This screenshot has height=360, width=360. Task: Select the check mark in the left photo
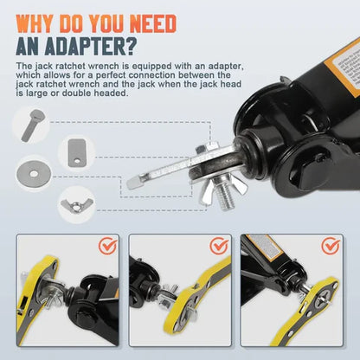(x=107, y=246)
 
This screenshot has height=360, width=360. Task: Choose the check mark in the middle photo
(x=217, y=246)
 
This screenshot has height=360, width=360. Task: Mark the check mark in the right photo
(x=330, y=246)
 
